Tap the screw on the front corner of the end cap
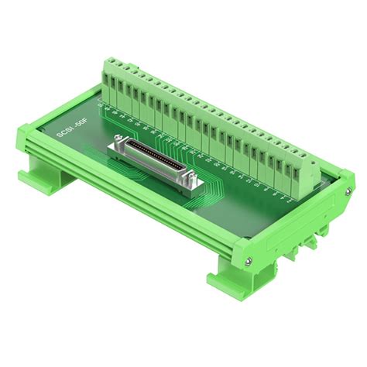246,261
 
